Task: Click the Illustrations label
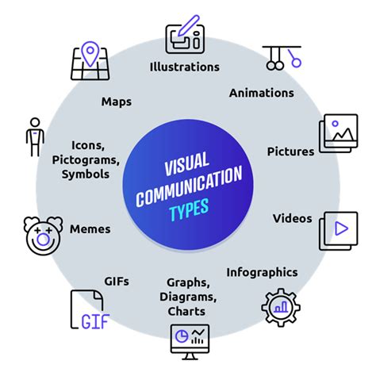(185, 67)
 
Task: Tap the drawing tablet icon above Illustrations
(185, 34)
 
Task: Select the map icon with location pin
(90, 61)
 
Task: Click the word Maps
(117, 102)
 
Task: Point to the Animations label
(262, 93)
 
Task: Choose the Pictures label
(290, 152)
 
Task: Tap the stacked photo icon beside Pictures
(339, 133)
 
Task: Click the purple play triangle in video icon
(341, 228)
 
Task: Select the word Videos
(293, 218)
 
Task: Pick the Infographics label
(262, 273)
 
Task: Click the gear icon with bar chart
(281, 308)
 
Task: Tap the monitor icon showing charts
(190, 342)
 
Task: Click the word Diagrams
(188, 297)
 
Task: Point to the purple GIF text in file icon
(95, 321)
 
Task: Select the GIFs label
(117, 282)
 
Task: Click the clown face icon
(43, 236)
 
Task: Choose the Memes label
(90, 229)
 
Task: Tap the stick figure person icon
(35, 137)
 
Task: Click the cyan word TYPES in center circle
(189, 209)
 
